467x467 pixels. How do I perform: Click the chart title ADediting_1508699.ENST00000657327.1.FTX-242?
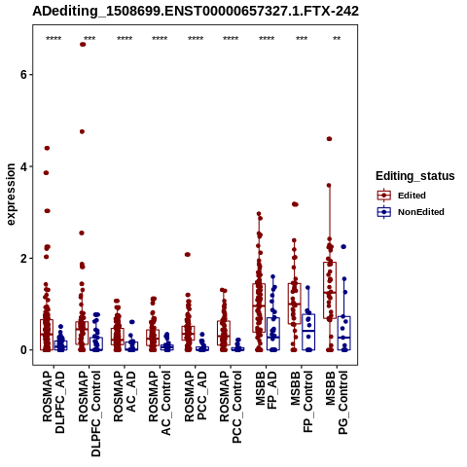(x=196, y=12)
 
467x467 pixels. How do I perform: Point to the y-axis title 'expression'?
(x=11, y=195)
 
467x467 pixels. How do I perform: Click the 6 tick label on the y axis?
(x=23, y=75)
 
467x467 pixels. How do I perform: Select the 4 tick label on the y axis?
(x=23, y=166)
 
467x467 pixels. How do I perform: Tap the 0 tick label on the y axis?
(x=23, y=350)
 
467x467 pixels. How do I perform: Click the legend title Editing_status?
(x=415, y=176)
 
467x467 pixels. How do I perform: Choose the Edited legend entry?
(x=402, y=196)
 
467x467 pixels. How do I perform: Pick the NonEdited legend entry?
(x=411, y=212)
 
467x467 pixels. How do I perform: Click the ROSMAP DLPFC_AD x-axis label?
(x=54, y=402)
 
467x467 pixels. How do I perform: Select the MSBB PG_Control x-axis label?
(x=337, y=403)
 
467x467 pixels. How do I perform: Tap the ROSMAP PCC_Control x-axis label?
(x=231, y=407)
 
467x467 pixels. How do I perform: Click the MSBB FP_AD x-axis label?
(x=267, y=390)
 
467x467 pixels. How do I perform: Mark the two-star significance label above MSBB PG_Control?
(x=337, y=39)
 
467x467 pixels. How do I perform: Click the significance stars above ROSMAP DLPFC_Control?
(x=90, y=39)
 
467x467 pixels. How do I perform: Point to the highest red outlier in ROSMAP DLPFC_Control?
(x=83, y=45)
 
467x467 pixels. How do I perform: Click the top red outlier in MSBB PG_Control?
(x=329, y=139)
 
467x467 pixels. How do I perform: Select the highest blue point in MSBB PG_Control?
(x=343, y=247)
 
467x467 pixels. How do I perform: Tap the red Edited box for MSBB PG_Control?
(x=330, y=290)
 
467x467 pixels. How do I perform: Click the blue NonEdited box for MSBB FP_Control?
(x=308, y=332)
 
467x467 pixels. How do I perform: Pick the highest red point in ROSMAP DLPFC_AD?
(x=47, y=148)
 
